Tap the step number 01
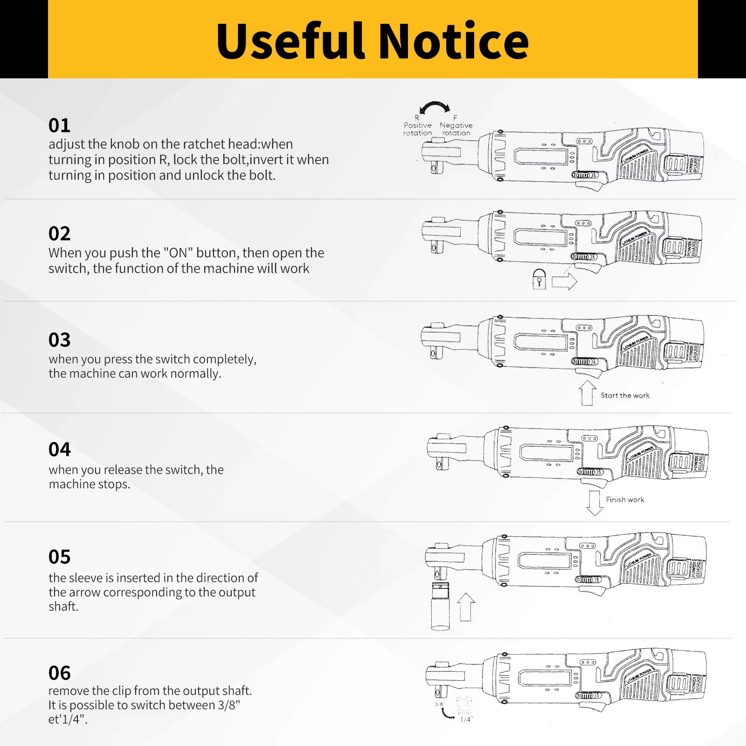pos(59,125)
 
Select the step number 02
pos(59,234)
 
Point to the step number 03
pos(59,340)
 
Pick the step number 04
pos(59,449)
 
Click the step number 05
pos(59,557)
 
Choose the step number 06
pos(59,673)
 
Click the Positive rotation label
pos(417,129)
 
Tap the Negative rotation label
pos(456,129)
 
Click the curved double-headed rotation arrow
pos(435,108)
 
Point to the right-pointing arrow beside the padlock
pos(564,282)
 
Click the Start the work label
pos(625,395)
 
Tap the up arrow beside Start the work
pos(587,393)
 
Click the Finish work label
pos(625,500)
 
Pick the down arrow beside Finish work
pos(594,503)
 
